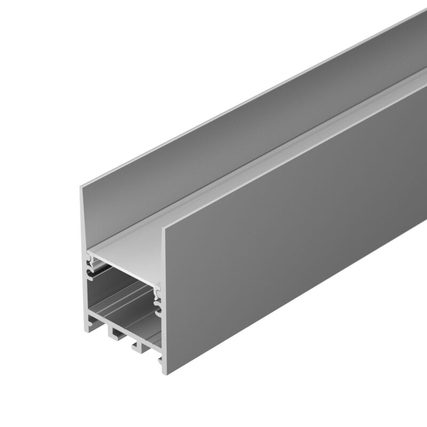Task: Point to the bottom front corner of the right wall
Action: pos(163,373)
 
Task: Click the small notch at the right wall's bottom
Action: pos(160,363)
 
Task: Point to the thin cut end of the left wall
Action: pos(84,224)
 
